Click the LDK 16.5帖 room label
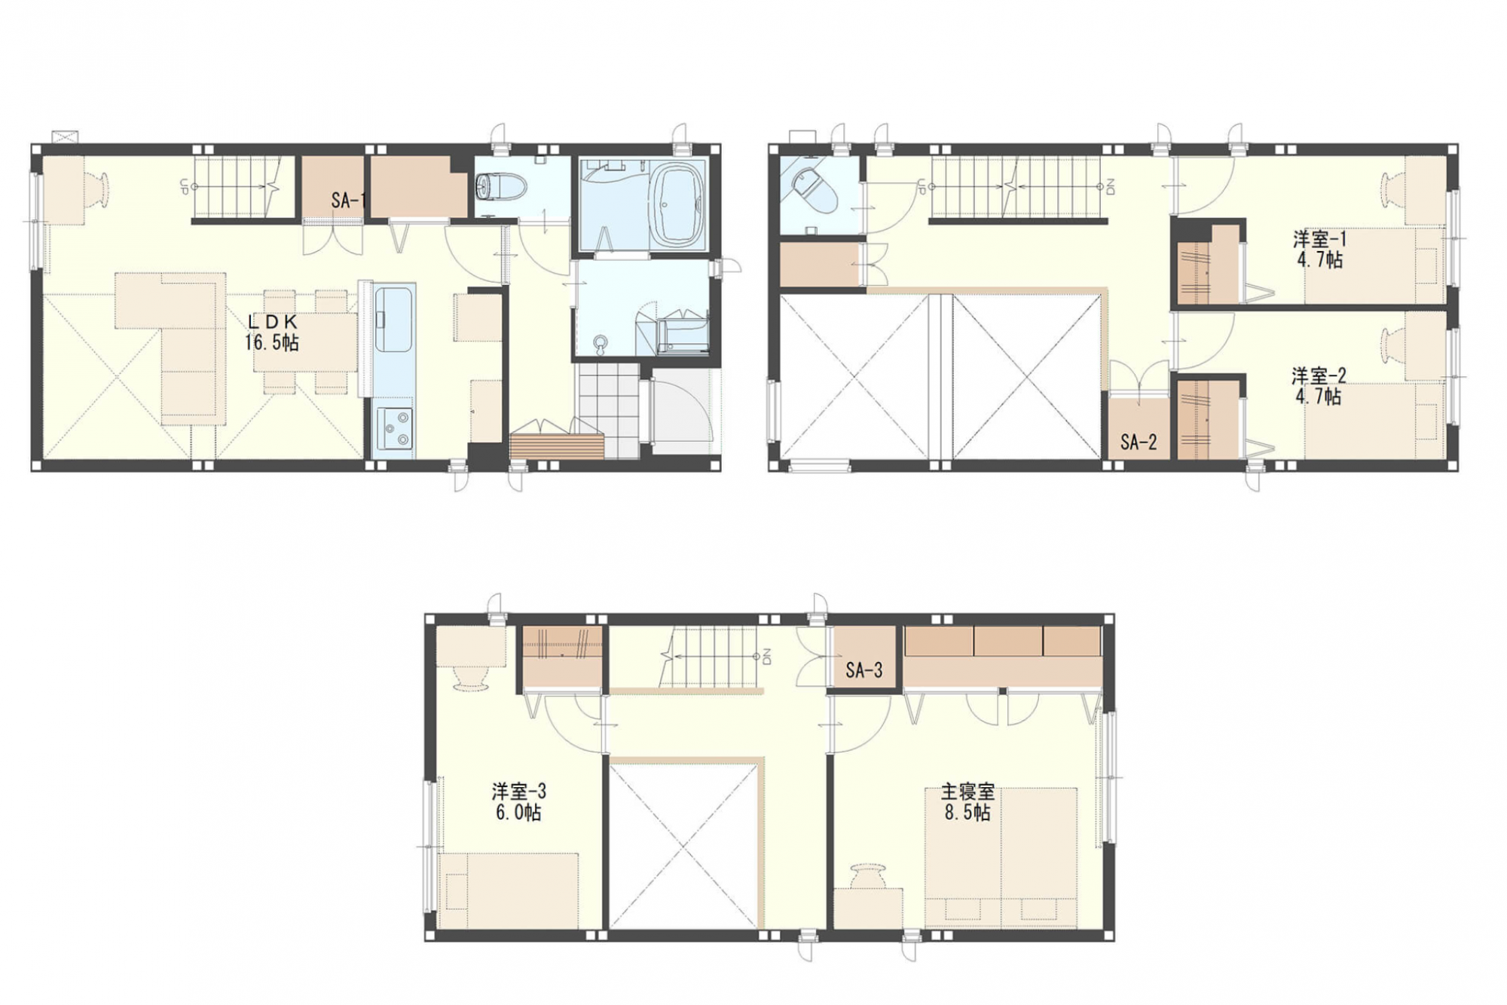pyautogui.click(x=271, y=332)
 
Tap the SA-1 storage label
pyautogui.click(x=347, y=200)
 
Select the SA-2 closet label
pyautogui.click(x=1139, y=443)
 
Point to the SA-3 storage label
pyautogui.click(x=864, y=669)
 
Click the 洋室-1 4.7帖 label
pyautogui.click(x=1319, y=250)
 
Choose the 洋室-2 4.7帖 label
pyautogui.click(x=1319, y=385)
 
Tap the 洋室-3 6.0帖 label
pyautogui.click(x=518, y=801)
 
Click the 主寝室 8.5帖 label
pyautogui.click(x=967, y=801)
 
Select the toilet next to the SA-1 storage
pyautogui.click(x=491, y=185)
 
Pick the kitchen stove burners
pyautogui.click(x=394, y=428)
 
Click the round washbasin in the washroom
pyautogui.click(x=601, y=344)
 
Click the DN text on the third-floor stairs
pyautogui.click(x=767, y=657)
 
